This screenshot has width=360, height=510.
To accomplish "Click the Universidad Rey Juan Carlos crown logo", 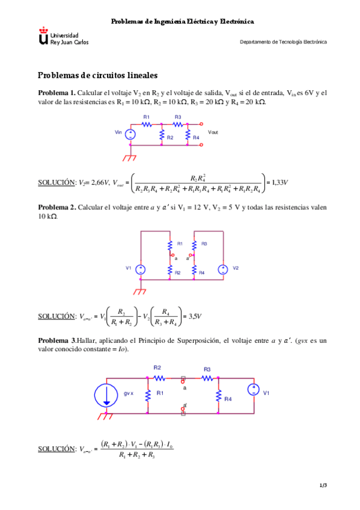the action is [43, 35].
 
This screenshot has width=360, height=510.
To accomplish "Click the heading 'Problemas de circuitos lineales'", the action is [97, 76].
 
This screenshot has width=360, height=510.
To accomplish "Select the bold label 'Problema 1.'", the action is [56, 93].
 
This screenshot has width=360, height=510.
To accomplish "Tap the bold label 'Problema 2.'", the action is [56, 207].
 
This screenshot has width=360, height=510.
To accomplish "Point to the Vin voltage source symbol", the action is [130, 133].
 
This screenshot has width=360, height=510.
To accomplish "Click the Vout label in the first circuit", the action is [213, 132].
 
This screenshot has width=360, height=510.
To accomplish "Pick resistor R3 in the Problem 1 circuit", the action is [178, 124].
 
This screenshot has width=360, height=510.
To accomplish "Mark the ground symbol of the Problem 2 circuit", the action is [140, 291].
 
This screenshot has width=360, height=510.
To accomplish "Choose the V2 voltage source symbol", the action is [222, 269].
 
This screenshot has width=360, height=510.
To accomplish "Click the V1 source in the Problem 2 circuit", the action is [139, 269].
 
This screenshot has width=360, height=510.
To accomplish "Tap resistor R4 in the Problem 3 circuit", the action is [218, 396].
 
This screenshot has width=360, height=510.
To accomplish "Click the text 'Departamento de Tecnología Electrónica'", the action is [283, 43].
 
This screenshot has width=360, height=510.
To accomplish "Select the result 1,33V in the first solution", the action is [278, 182].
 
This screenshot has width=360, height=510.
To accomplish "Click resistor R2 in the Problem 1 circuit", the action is [162, 136].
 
